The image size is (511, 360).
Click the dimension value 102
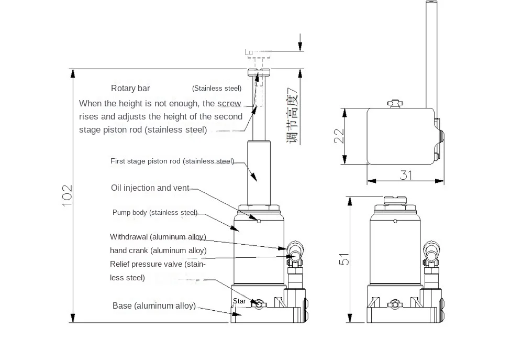[x=67, y=195]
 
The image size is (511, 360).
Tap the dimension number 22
[x=339, y=136]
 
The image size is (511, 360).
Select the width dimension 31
[x=406, y=175]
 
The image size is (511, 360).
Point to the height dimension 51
[x=343, y=259]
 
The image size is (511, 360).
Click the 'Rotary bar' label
[x=130, y=89]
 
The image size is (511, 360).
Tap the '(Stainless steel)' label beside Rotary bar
[x=217, y=89]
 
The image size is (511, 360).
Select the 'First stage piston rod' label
[x=172, y=161]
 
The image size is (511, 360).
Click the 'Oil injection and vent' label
[x=150, y=188]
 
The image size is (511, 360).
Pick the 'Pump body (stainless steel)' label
[x=155, y=213]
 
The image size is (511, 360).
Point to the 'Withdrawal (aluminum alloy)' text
[x=158, y=237]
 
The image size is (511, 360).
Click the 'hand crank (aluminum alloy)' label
[x=158, y=250]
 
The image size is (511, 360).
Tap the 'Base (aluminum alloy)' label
[x=154, y=306]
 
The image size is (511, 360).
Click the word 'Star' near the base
[x=239, y=301]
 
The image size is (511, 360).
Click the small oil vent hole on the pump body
[x=259, y=221]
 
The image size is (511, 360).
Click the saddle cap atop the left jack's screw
[x=259, y=72]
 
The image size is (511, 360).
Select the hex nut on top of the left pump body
[x=259, y=208]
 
